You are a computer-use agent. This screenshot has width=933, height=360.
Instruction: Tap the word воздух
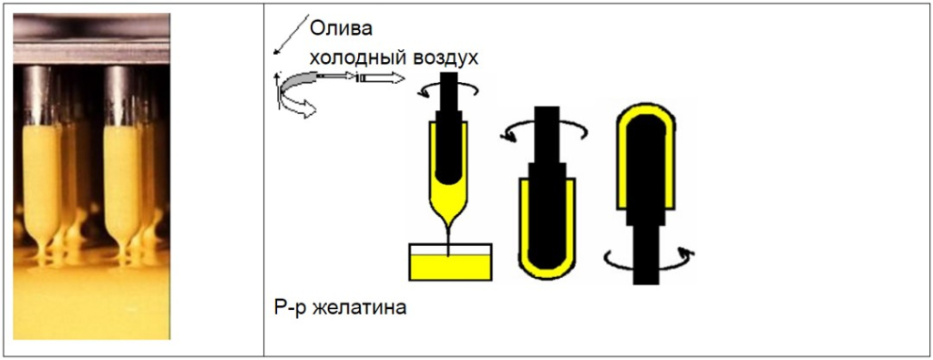446,57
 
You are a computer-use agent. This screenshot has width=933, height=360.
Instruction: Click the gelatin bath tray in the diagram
451,263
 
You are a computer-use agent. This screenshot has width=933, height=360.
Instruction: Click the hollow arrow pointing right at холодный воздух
381,80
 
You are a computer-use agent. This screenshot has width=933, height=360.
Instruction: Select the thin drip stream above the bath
450,233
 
